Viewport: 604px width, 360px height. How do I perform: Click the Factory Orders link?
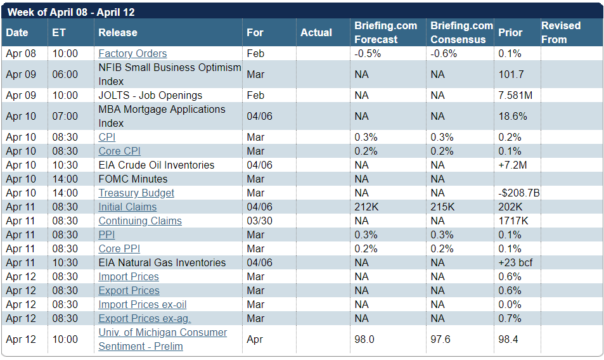tap(132, 53)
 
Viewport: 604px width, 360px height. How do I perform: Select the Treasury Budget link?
tap(136, 193)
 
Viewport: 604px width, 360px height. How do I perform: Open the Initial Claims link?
tap(127, 207)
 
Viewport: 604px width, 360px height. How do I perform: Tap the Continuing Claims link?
tap(140, 221)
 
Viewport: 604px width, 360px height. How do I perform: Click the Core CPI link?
tap(119, 151)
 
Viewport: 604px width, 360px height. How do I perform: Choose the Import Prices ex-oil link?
tap(143, 305)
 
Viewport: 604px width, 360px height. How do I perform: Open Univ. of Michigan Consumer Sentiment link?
tap(162, 339)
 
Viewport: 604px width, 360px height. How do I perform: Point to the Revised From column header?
tap(561, 32)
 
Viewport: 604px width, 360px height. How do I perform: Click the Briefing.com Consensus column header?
tap(461, 32)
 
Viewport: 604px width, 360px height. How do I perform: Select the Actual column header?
tap(316, 32)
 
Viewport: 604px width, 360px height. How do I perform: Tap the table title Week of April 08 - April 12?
tap(71, 12)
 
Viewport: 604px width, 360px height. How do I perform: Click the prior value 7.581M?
tap(515, 95)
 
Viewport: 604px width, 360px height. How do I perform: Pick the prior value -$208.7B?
tap(519, 193)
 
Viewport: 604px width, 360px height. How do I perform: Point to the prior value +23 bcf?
tap(515, 262)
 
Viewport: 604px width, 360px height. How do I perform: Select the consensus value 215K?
tap(442, 207)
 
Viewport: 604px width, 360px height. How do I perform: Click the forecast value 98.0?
tap(364, 339)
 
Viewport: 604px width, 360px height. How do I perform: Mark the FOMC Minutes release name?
tap(133, 179)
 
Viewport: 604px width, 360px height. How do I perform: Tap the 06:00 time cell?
tap(65, 74)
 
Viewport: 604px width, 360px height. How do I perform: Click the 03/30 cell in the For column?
tap(260, 221)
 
